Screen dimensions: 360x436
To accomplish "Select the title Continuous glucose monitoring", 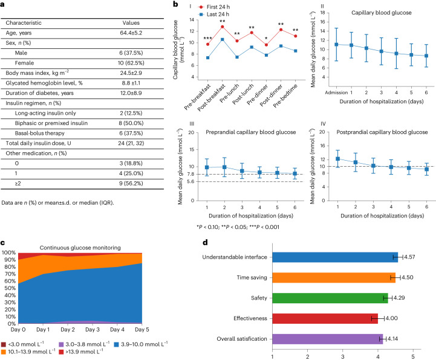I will coord(78,230).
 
